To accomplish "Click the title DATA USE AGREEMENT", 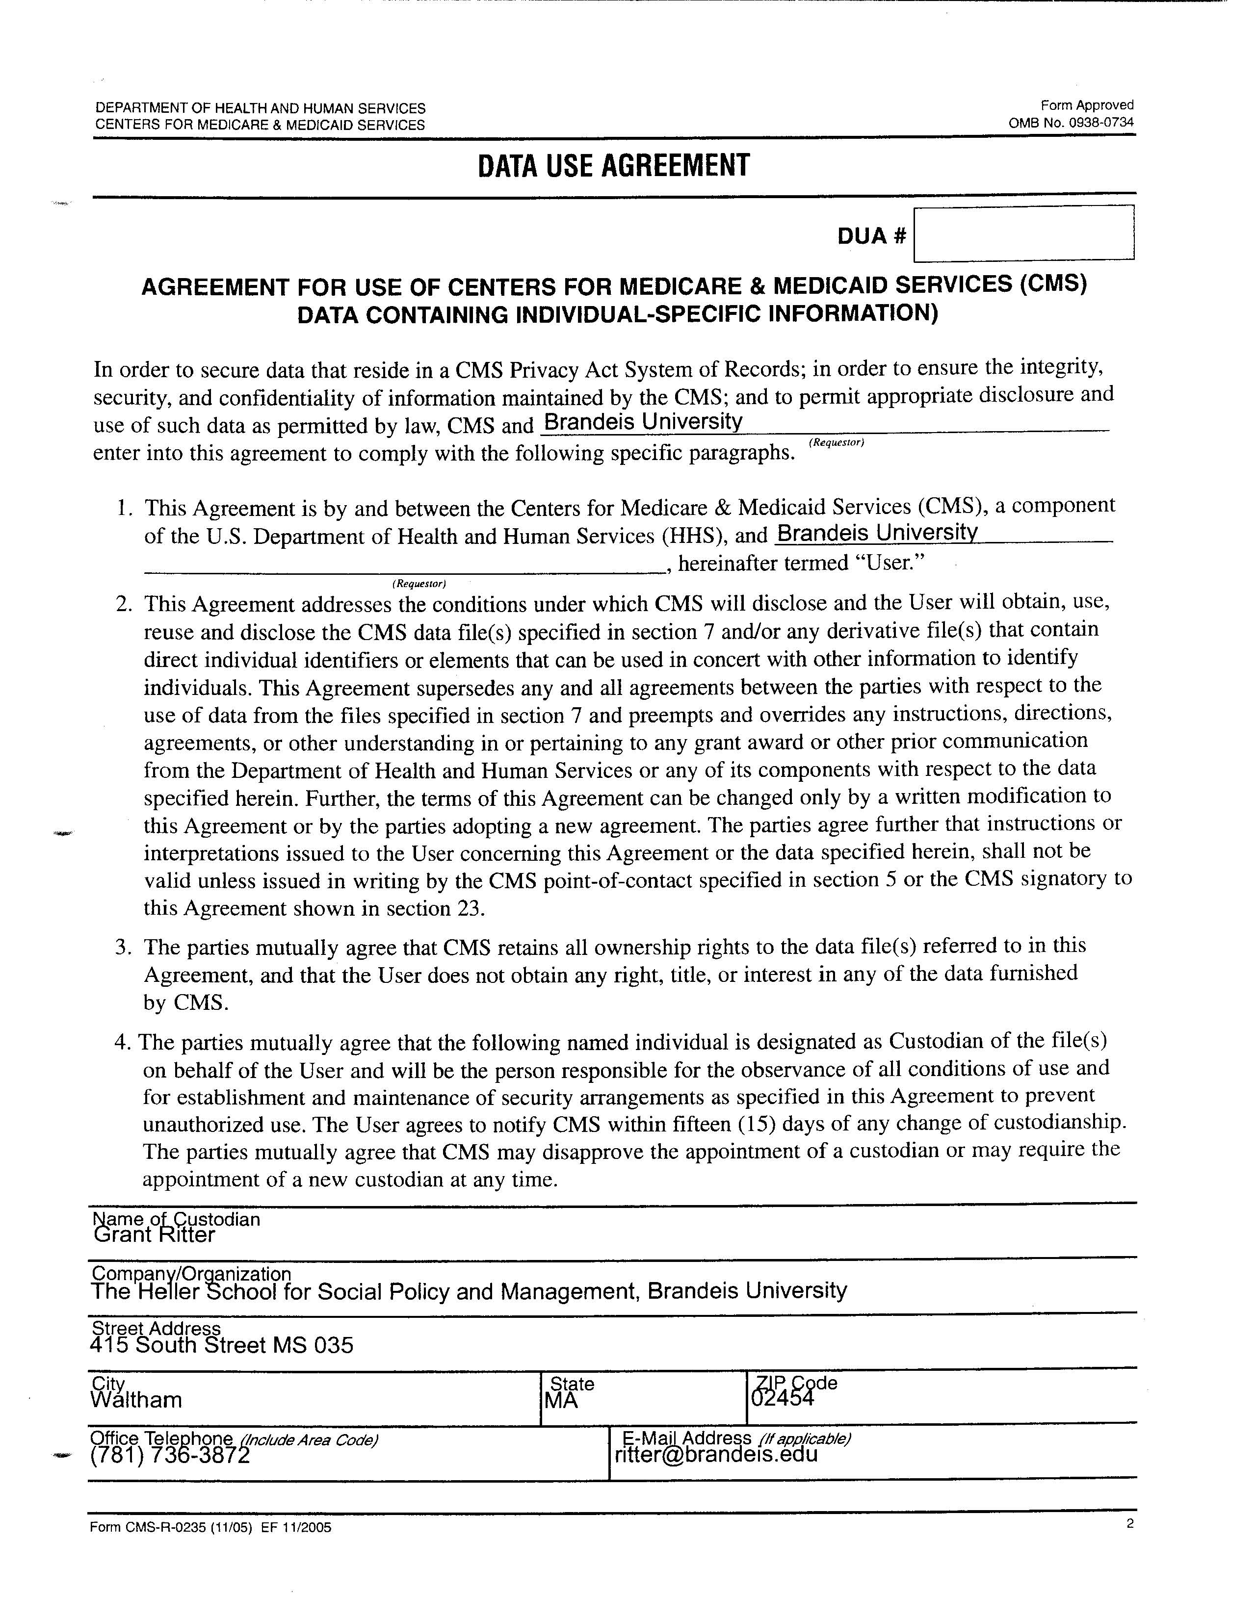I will pyautogui.click(x=614, y=166).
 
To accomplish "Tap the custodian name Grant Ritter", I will pyautogui.click(x=155, y=1235).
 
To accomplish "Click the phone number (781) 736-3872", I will pyautogui.click(x=170, y=1456).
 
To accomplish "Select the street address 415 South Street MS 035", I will pyautogui.click(x=222, y=1345).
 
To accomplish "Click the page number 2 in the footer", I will pyautogui.click(x=1130, y=1524).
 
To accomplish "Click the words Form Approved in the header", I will pyautogui.click(x=1086, y=105).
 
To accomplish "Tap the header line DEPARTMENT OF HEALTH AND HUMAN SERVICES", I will pyautogui.click(x=260, y=109).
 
